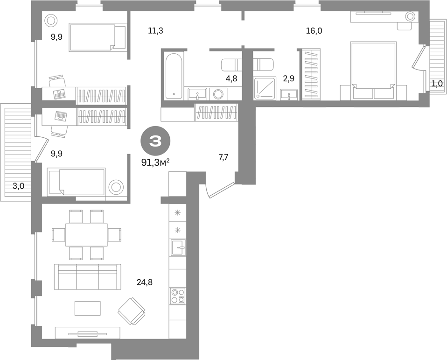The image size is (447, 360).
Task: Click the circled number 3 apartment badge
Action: coord(155,141)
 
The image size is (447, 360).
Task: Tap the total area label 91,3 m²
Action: coord(156,162)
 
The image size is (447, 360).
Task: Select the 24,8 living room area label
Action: coord(145,282)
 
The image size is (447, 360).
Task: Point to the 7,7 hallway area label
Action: coord(223,157)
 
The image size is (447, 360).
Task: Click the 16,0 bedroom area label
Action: coord(314,31)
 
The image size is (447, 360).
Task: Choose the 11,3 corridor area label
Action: coord(156,30)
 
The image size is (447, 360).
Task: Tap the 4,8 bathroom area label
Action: coord(231,78)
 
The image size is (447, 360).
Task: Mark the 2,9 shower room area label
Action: coord(288,78)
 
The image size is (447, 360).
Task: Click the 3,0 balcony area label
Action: coord(18,186)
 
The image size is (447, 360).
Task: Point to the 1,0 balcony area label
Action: coord(437,84)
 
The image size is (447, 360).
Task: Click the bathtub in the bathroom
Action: coord(173,76)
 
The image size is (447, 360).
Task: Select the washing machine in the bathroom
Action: coord(219,94)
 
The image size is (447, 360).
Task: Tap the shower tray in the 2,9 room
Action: coord(265,88)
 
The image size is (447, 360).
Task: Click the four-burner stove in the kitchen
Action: coord(178,296)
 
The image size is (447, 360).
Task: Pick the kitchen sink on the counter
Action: coord(178,247)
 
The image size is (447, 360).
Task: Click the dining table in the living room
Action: coord(87,235)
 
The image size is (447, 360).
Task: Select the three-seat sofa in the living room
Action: coord(88,277)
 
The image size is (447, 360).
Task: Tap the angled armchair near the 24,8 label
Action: coord(132,311)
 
